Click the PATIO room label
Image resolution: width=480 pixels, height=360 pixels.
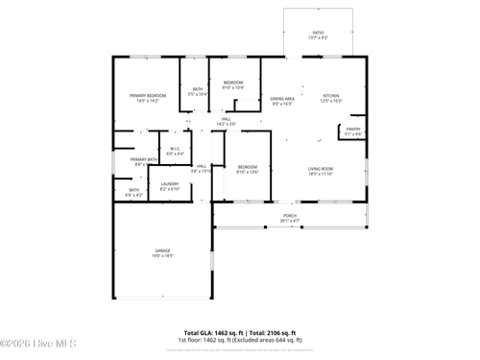click(318, 32)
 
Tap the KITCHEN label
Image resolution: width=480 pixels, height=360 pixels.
click(330, 95)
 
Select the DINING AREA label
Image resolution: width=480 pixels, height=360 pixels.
click(282, 98)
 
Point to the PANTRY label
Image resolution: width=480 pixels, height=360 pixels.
click(353, 129)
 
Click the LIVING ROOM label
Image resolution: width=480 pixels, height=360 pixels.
click(320, 169)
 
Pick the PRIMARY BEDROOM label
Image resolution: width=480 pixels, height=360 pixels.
click(149, 95)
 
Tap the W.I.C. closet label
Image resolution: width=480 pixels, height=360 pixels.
click(176, 148)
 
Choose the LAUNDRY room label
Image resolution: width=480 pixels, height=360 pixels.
click(170, 183)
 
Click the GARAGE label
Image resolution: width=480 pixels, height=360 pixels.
click(163, 251)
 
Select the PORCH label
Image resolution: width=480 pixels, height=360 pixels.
click(289, 215)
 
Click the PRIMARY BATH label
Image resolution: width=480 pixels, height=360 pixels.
click(144, 159)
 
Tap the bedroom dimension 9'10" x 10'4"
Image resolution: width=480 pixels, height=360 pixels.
click(233, 87)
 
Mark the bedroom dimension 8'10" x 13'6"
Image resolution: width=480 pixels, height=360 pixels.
click(247, 173)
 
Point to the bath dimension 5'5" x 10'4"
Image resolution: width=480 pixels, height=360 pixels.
click(198, 94)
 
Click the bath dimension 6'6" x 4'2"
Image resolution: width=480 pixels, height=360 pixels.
click(133, 195)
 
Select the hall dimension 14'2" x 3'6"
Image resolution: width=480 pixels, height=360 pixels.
click(226, 124)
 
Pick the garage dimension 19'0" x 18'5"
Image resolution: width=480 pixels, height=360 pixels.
click(163, 255)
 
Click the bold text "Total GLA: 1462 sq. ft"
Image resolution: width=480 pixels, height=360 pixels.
click(214, 331)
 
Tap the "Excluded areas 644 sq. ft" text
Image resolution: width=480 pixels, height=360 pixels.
click(270, 339)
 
